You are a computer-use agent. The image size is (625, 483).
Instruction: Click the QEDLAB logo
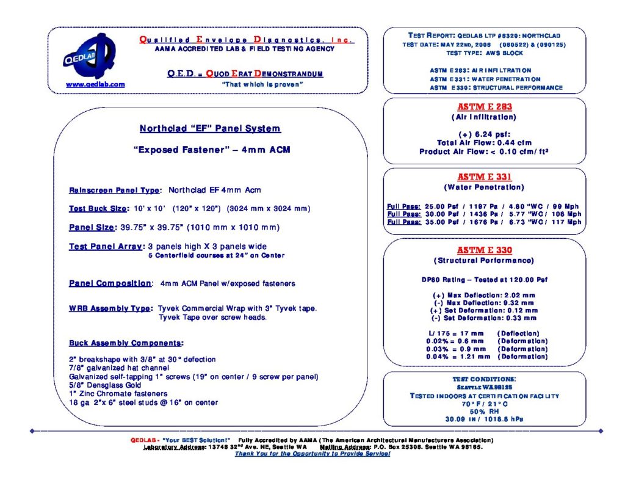click(86, 56)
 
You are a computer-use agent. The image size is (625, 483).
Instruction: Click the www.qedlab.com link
click(95, 84)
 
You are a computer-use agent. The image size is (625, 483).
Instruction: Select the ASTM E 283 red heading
click(484, 107)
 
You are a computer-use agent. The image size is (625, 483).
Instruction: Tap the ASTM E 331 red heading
click(484, 177)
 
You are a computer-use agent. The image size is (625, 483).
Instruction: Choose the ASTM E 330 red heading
click(484, 250)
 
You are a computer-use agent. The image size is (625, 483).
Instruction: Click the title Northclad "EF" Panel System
click(210, 129)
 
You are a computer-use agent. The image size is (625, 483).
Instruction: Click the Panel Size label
click(92, 228)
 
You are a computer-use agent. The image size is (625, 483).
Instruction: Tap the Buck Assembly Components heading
click(126, 343)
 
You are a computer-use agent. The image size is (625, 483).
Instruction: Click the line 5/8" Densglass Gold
click(105, 385)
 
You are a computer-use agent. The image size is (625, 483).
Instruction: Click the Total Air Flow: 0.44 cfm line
click(484, 143)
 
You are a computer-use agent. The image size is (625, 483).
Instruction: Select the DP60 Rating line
click(484, 280)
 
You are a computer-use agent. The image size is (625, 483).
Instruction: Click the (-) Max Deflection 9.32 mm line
click(484, 302)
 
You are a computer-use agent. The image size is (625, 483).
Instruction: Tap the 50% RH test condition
click(484, 412)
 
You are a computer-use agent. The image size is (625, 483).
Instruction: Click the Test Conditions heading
click(484, 379)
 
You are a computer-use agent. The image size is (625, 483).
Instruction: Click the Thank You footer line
click(312, 454)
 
